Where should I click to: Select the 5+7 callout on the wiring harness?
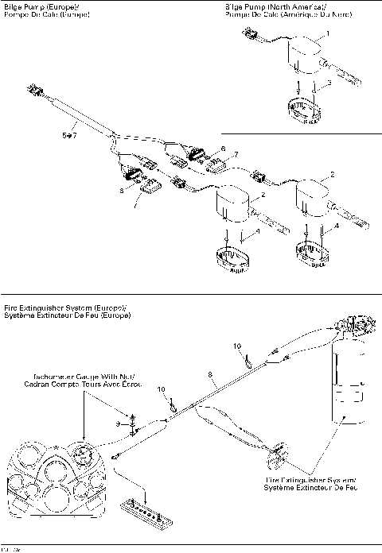click(x=68, y=136)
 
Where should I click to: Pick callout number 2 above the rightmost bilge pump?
click(x=332, y=173)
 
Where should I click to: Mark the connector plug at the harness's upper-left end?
click(x=35, y=91)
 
